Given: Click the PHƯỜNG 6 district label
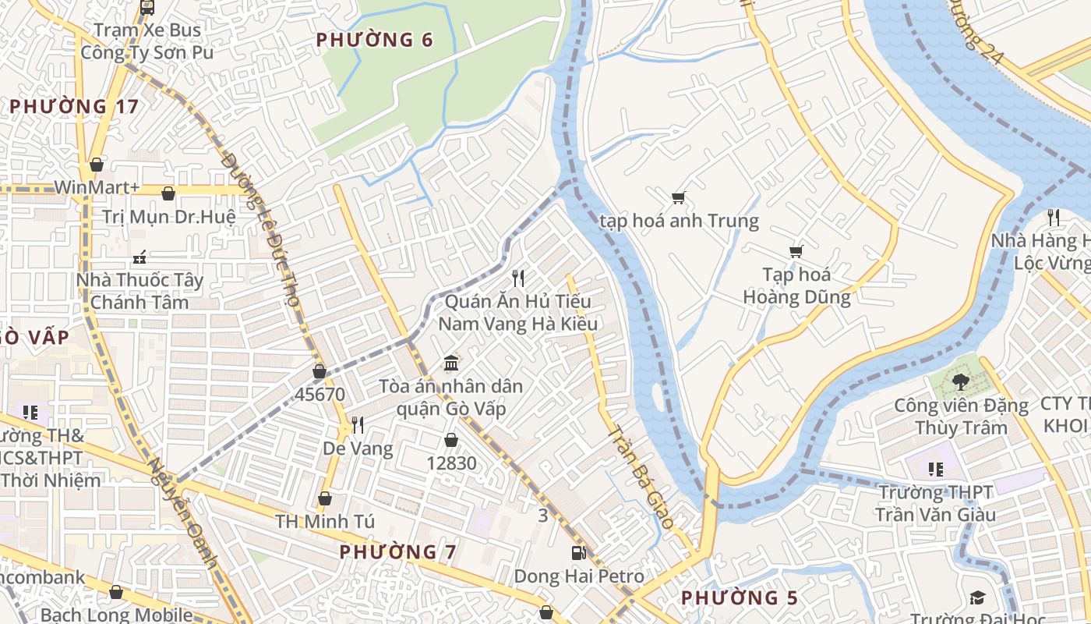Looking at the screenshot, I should (374, 40).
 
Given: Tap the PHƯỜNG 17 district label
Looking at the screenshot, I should (74, 106).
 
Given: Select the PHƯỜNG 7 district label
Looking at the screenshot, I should (397, 551).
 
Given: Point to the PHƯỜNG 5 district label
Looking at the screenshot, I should (740, 597).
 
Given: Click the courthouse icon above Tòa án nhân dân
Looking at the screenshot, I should (451, 363).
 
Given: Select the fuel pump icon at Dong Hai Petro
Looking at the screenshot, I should (578, 553).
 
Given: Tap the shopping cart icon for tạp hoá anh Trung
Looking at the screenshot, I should (678, 197).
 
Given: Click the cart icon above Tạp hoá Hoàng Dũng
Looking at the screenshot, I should (796, 251).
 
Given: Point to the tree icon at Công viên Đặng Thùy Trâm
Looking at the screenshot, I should (960, 382).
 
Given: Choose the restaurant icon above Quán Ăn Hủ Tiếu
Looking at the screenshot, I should (517, 278).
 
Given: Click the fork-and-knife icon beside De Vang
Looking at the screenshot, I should (358, 425).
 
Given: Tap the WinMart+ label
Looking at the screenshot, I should (97, 188).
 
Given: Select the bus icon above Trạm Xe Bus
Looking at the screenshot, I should (147, 8).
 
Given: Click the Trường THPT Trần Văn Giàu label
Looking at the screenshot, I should (935, 503).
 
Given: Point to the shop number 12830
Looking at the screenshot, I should (451, 463).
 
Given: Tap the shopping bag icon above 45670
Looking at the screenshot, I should (320, 371).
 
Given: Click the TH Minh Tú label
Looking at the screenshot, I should (324, 520).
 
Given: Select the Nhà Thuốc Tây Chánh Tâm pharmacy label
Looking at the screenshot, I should (139, 290).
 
